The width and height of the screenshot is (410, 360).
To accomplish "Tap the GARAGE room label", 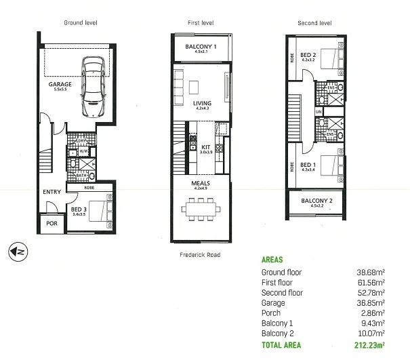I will (x=60, y=85).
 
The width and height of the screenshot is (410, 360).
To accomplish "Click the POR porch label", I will (x=52, y=223).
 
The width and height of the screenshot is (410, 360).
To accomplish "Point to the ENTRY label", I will (x=52, y=192).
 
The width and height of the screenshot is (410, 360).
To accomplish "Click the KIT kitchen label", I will (x=206, y=146).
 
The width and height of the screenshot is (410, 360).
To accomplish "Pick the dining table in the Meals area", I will (x=201, y=207).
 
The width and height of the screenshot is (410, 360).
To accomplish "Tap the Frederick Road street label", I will (x=201, y=256).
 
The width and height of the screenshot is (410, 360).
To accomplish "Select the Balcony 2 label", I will (x=314, y=201).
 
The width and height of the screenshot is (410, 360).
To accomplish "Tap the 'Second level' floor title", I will (x=314, y=23).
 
